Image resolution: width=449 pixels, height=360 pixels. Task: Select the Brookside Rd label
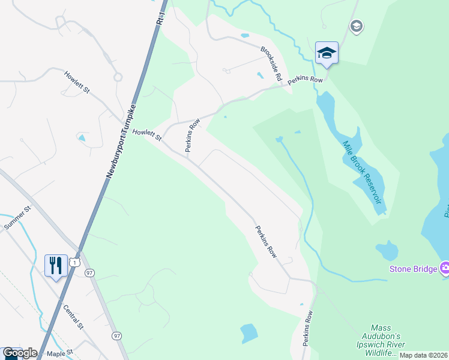pyautogui.click(x=271, y=65)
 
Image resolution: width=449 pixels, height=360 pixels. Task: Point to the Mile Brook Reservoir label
pyautogui.click(x=363, y=173)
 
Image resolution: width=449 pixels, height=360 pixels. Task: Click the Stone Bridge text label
pyautogui.click(x=413, y=269)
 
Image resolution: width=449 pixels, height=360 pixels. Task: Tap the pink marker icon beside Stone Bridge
pyautogui.click(x=445, y=268)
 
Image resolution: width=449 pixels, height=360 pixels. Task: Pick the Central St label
pyautogui.click(x=73, y=317)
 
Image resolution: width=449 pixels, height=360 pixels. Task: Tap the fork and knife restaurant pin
pyautogui.click(x=56, y=265)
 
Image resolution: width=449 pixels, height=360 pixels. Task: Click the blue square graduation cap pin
pyautogui.click(x=327, y=53)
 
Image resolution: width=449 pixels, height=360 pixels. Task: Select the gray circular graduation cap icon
pyautogui.click(x=356, y=26)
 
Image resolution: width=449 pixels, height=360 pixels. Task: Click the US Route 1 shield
pyautogui.click(x=74, y=262)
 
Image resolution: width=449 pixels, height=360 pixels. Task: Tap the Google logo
pyautogui.click(x=20, y=353)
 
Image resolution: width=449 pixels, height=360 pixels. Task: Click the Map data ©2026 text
pyautogui.click(x=423, y=355)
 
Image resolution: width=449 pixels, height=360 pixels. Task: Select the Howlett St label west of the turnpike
pyautogui.click(x=77, y=82)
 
